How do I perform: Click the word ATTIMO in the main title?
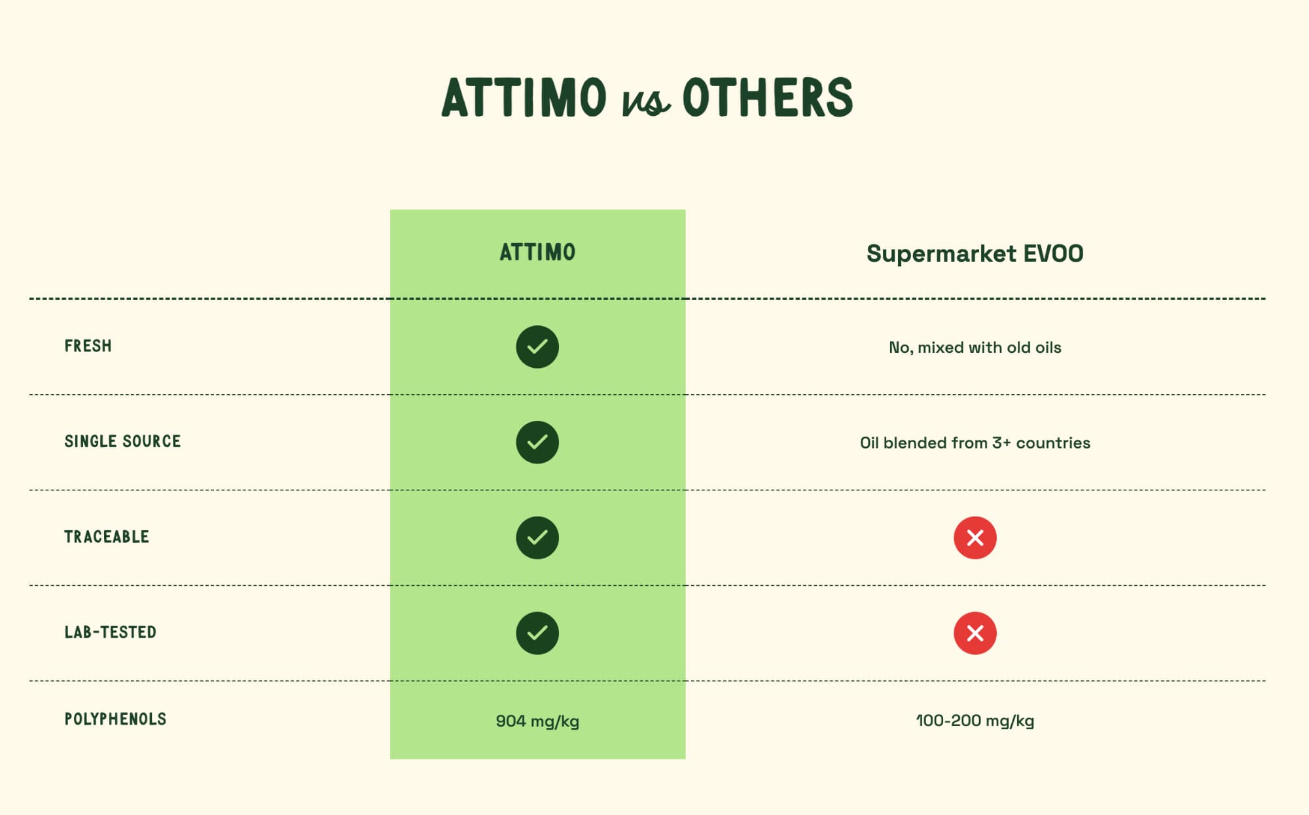[524, 98]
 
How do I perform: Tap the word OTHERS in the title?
[768, 98]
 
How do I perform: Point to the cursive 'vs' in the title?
[645, 102]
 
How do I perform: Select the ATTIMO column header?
[537, 252]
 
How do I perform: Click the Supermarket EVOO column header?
[975, 253]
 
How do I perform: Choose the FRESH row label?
[88, 346]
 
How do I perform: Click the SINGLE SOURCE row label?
[122, 441]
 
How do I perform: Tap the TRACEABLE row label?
[107, 537]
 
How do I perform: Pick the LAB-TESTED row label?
[110, 632]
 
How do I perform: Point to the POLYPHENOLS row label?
[115, 719]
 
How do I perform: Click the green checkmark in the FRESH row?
[537, 347]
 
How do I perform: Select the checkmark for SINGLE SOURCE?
[537, 443]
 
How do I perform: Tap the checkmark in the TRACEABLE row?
[537, 537]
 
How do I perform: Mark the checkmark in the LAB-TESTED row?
[537, 633]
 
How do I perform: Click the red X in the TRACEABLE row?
[975, 537]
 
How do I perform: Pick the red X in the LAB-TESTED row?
[975, 633]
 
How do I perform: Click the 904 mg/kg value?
[537, 721]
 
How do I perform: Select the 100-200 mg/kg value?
[975, 721]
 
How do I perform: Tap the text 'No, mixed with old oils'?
[975, 348]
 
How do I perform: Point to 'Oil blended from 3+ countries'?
[975, 443]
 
